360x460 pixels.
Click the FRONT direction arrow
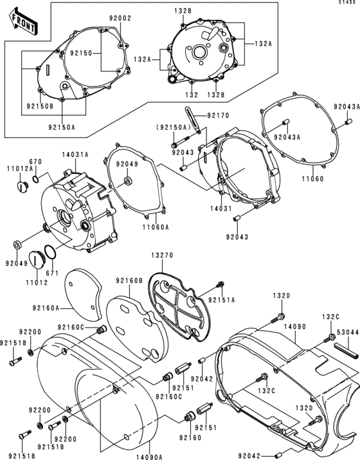[x=23, y=24]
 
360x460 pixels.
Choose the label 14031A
[x=75, y=154]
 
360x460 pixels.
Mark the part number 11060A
[x=156, y=226]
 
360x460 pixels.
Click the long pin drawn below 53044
[x=345, y=351]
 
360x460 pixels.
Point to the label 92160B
[x=129, y=281]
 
